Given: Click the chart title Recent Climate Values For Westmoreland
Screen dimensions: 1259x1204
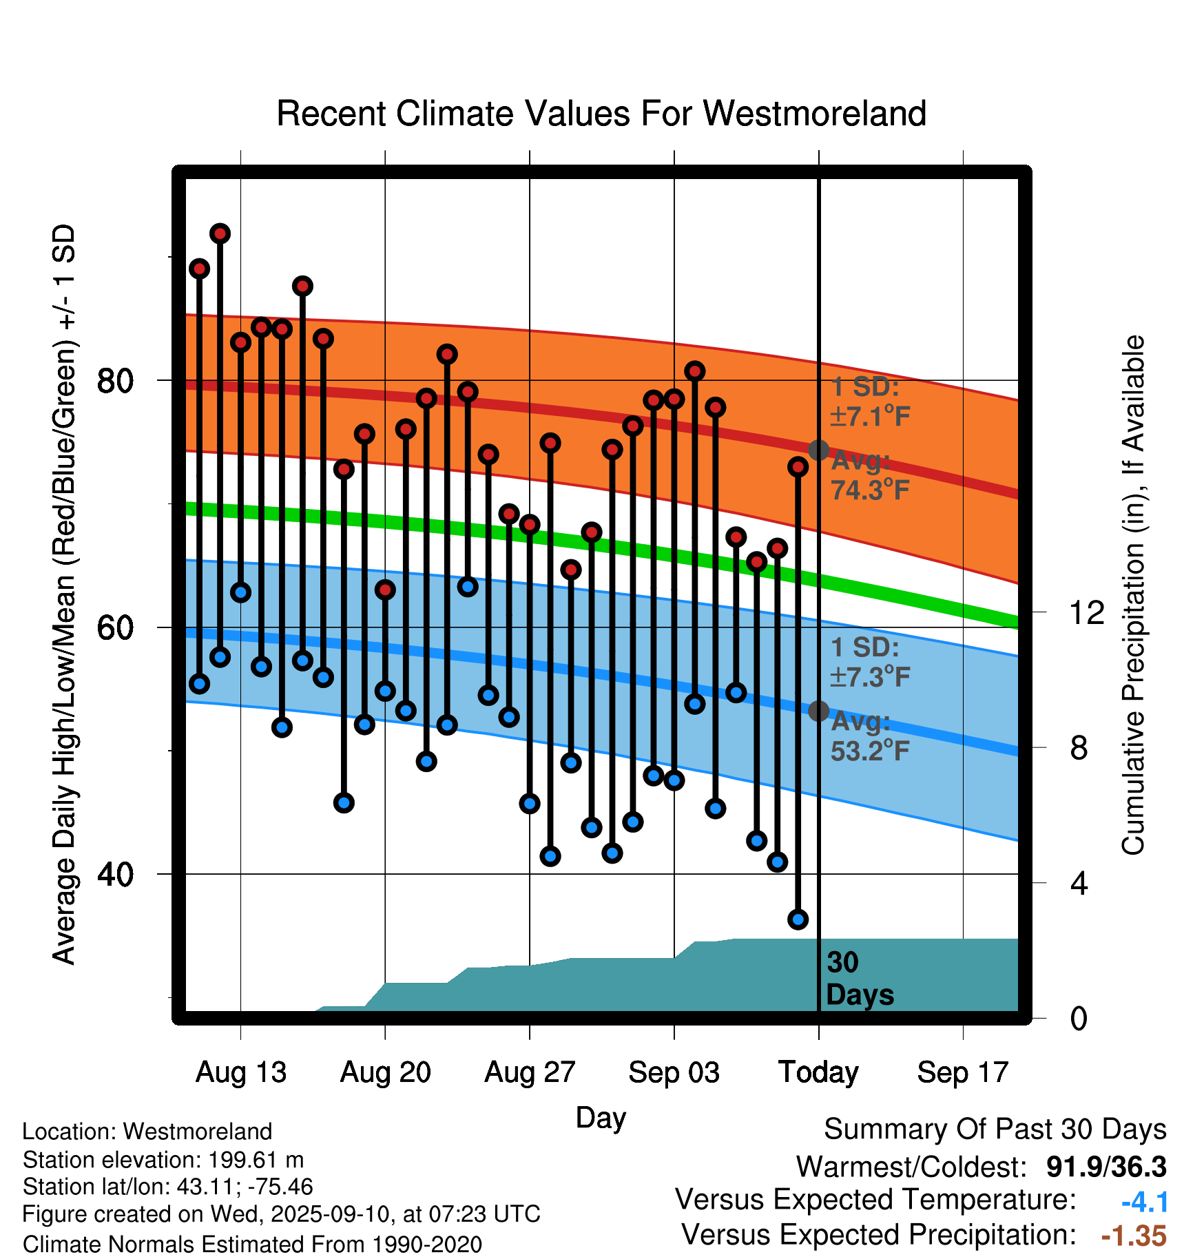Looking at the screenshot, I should click(601, 114).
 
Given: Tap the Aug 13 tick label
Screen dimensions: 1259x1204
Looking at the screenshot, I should click(241, 1072).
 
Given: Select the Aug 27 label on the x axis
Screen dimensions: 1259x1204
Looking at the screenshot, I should click(530, 1072).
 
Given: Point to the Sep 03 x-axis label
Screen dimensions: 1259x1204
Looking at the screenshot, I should click(674, 1072).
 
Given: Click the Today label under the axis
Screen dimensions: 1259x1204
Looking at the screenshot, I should click(818, 1072).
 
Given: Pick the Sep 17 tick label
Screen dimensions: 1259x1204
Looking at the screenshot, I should click(963, 1072).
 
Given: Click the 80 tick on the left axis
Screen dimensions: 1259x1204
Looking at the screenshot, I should click(115, 380).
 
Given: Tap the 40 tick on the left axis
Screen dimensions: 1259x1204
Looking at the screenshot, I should click(115, 874).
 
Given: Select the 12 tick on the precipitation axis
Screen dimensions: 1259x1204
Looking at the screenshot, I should click(1086, 612).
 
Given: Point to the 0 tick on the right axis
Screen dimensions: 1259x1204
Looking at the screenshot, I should click(1079, 1018).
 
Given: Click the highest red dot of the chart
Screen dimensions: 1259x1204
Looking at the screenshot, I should click(220, 234).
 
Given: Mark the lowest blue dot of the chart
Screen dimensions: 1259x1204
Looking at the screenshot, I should click(798, 919).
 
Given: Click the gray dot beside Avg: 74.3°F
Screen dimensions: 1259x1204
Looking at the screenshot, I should click(818, 450).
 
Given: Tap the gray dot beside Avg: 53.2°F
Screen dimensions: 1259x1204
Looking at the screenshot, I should click(818, 711).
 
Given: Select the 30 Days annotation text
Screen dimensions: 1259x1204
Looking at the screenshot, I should click(859, 979).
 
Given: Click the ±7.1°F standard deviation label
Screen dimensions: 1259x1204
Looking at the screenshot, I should click(871, 417).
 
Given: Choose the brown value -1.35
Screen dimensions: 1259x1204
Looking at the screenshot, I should click(1134, 1236).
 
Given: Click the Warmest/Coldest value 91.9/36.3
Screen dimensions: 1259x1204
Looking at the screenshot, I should click(1106, 1167).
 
